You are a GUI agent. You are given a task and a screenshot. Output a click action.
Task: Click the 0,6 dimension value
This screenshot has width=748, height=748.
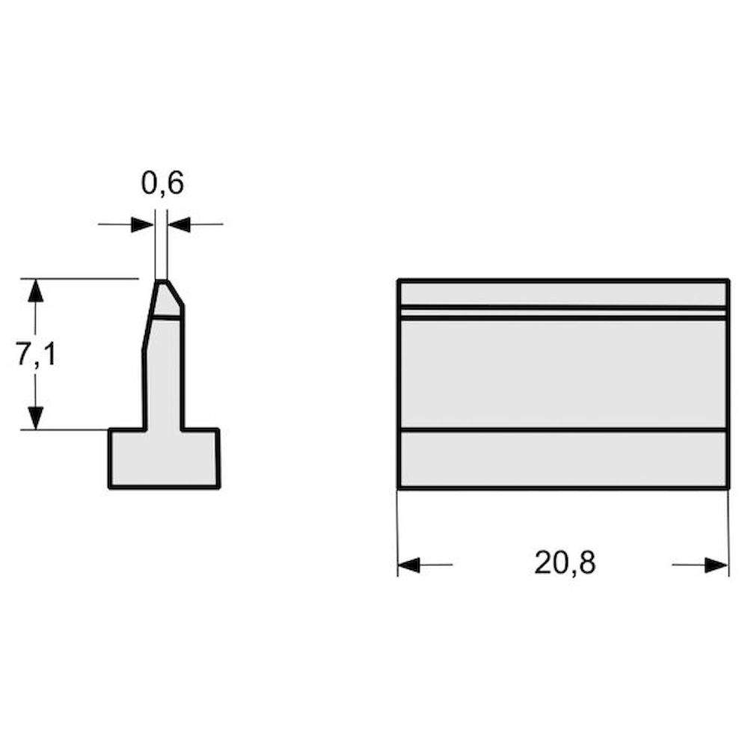[162, 183]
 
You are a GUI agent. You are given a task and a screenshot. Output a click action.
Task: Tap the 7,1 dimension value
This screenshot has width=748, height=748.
[36, 355]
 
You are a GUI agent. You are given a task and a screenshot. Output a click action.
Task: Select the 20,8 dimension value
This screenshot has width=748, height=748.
[565, 562]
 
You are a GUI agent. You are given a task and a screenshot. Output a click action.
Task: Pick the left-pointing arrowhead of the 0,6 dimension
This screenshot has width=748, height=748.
[178, 224]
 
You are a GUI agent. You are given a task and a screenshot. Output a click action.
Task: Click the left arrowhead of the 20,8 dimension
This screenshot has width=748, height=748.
[408, 565]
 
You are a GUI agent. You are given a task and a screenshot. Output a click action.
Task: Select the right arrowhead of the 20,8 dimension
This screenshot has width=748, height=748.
[717, 565]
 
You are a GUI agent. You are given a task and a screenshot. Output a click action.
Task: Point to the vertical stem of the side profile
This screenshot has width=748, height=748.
[163, 374]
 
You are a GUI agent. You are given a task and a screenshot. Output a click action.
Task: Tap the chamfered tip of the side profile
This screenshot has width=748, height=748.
[165, 298]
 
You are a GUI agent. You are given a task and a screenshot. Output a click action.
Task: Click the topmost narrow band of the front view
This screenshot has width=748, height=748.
[562, 293]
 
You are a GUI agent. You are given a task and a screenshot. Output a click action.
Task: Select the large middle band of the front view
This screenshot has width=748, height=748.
[562, 374]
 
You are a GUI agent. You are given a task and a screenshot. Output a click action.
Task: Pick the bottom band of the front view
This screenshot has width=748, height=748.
[562, 459]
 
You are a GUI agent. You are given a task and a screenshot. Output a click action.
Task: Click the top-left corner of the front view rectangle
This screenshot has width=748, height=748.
[399, 280]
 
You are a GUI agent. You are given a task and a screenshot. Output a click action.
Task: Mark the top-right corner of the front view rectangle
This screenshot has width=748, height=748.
[728, 280]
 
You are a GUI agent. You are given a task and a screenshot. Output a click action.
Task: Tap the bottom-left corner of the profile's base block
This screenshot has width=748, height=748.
[110, 487]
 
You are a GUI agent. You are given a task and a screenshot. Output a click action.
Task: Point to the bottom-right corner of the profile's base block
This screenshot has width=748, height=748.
[218, 487]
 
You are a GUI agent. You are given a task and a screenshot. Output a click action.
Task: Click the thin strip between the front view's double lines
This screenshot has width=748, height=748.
[562, 313]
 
